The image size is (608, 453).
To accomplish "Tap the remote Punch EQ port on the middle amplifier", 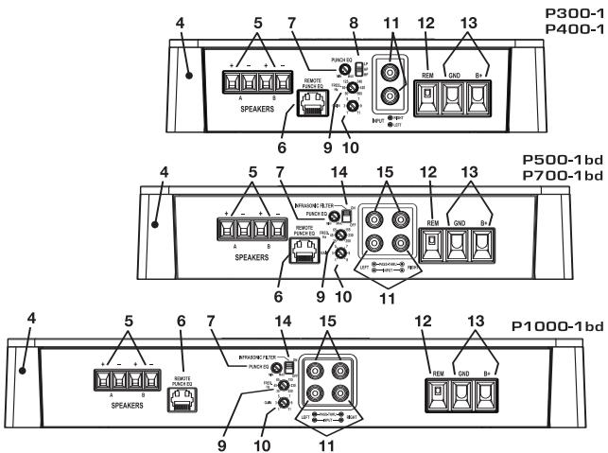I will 278,255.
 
